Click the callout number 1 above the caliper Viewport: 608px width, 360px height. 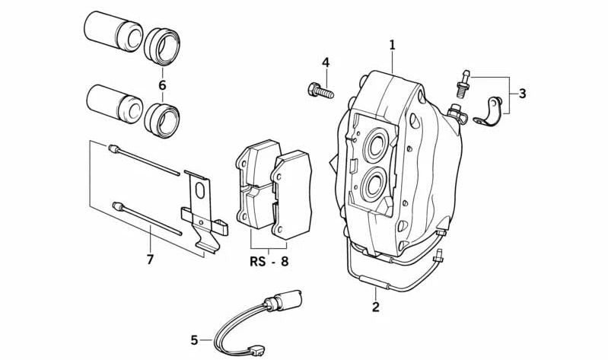[392, 45]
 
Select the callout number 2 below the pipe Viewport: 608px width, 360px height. [375, 307]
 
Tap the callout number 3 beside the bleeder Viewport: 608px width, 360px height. [522, 94]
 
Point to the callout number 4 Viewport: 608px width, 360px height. [326, 62]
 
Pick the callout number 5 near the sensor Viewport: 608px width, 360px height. [194, 340]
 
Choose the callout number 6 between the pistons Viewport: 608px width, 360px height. [162, 84]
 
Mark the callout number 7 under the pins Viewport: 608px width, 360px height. [150, 260]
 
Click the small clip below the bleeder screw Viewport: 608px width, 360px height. [487, 113]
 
